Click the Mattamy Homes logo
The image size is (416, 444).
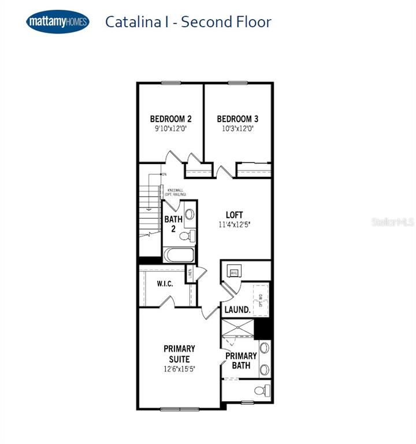[58, 23]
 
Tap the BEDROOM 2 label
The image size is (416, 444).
[170, 119]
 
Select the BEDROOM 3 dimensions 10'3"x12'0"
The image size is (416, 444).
[237, 129]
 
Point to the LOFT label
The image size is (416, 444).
[234, 215]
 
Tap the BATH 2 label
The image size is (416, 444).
[173, 224]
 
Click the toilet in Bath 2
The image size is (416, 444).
[186, 236]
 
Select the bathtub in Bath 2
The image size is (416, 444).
[179, 254]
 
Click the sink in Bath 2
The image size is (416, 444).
[190, 214]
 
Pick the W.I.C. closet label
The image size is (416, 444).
[166, 284]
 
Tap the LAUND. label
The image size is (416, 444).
[237, 310]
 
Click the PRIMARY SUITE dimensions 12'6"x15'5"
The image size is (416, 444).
[179, 369]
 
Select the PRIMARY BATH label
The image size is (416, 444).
[241, 361]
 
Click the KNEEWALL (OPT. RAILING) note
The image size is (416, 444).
[177, 193]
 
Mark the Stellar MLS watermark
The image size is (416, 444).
[393, 222]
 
